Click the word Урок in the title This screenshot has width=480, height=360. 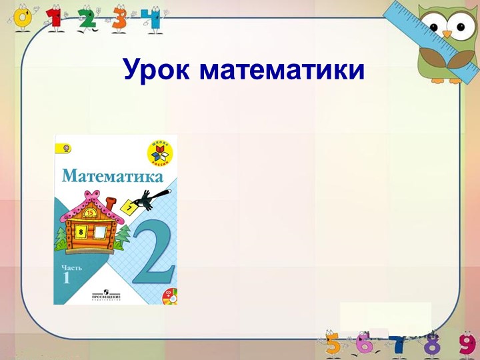[x=157, y=69]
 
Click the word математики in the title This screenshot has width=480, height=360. [x=282, y=70]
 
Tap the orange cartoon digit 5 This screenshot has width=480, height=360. [x=333, y=343]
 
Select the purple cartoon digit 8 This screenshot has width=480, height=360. [x=433, y=344]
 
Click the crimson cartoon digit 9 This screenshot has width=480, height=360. [x=466, y=344]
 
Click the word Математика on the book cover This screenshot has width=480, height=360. [x=113, y=177]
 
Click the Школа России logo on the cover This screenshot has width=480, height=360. [x=161, y=151]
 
